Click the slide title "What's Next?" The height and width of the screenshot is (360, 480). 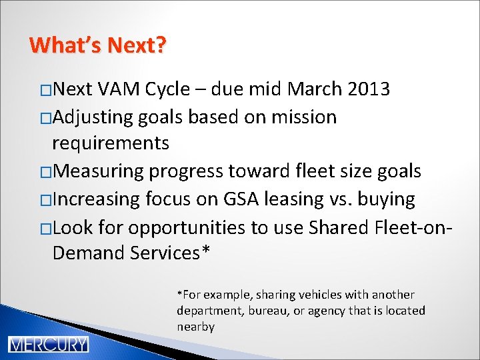98,45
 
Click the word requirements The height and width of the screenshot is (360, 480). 111,143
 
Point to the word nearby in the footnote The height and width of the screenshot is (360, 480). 195,327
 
